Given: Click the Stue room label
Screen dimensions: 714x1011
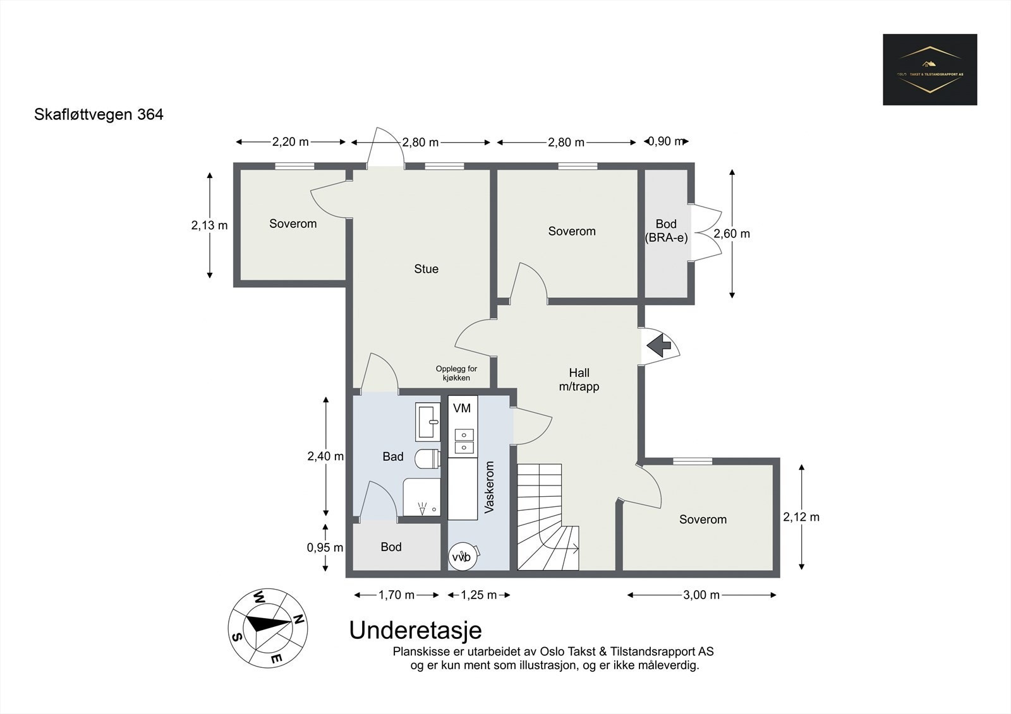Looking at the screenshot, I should (426, 269).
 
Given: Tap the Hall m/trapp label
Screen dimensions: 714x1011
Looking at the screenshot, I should (579, 379).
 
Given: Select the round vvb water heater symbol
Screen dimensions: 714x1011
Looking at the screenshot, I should (463, 557).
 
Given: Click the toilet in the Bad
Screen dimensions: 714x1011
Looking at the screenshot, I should (428, 458).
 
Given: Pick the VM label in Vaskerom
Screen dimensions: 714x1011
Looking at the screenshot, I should (462, 408).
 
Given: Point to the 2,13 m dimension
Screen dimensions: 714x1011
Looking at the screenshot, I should (209, 225).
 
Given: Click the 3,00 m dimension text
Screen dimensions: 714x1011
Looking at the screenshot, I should (702, 595).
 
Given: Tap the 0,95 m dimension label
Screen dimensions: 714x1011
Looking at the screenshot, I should (325, 547).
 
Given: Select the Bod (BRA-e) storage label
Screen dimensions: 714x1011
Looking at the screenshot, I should (666, 231).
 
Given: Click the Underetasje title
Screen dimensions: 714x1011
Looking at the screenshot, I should (415, 630).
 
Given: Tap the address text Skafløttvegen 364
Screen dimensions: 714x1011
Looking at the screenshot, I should (99, 115).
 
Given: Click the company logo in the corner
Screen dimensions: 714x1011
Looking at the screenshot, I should (929, 69).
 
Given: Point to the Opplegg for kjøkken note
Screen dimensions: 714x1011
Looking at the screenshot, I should (456, 373).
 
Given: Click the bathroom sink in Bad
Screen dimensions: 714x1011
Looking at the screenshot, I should (428, 422).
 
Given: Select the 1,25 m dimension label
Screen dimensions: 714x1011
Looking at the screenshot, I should (478, 595).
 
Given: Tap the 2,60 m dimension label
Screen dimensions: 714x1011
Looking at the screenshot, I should (732, 234).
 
